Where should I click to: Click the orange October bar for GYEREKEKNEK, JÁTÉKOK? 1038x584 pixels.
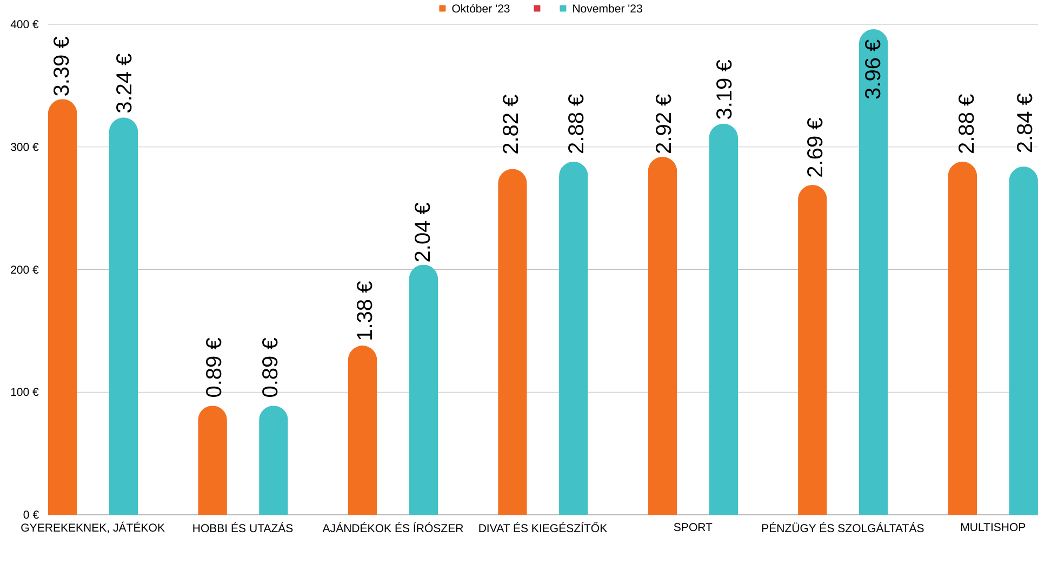point(63,308)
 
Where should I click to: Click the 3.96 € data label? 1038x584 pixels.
point(873,69)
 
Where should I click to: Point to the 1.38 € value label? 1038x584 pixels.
point(365,310)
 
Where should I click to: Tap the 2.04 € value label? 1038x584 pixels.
point(423,232)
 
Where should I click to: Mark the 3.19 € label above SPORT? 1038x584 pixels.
point(724,89)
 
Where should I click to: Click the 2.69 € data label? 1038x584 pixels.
point(815,147)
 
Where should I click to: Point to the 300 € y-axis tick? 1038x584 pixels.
point(25,147)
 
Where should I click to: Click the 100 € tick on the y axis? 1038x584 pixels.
point(25,392)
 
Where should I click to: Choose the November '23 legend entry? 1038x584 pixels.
point(601,9)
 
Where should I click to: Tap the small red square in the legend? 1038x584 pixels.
point(537,9)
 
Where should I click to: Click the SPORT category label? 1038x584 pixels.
point(693,527)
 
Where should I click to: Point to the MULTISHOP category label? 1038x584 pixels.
point(993,527)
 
